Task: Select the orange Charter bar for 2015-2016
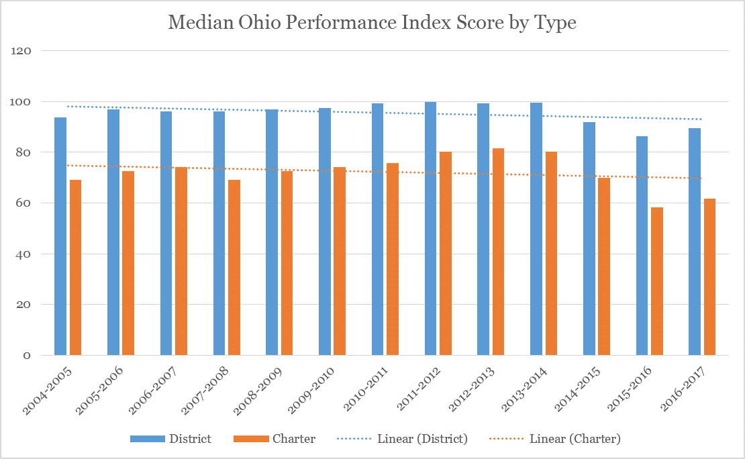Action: pos(657,281)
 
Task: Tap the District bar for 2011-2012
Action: pos(431,228)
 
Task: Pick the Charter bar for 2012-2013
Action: pos(498,252)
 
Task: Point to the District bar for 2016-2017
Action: pos(695,242)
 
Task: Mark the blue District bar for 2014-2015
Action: pos(589,238)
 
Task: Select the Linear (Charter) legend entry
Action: pos(575,439)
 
